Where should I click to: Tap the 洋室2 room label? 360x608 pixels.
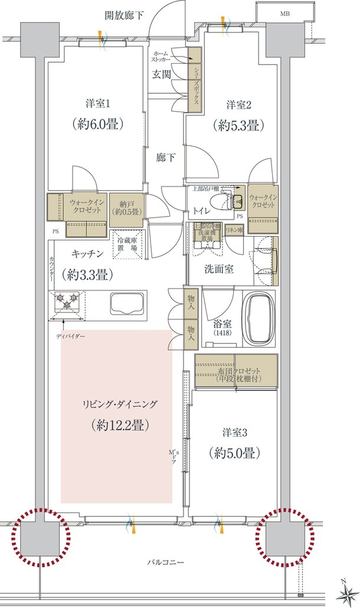[240, 106]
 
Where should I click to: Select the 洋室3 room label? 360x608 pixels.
[234, 433]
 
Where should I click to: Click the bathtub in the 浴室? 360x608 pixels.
[259, 319]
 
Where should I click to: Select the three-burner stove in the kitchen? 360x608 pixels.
[68, 303]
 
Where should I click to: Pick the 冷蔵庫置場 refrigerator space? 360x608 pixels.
[126, 244]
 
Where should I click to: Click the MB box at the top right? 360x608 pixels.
[284, 13]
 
